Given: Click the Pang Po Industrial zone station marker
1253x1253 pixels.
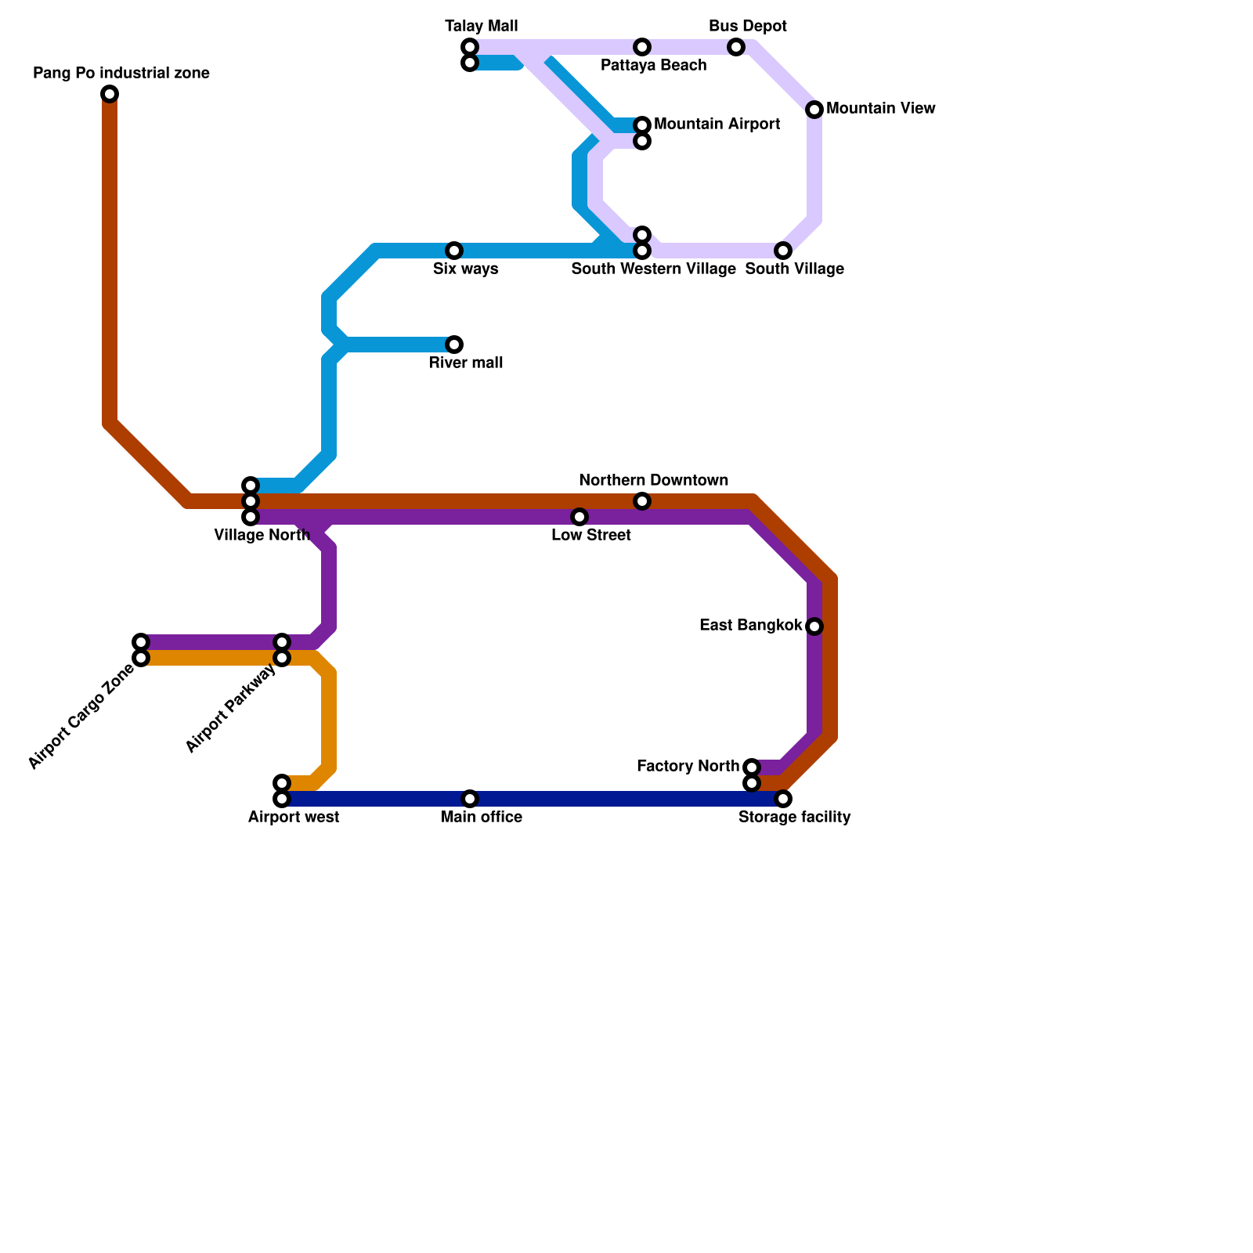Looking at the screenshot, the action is (110, 94).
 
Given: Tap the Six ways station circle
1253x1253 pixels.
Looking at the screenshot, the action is (454, 251).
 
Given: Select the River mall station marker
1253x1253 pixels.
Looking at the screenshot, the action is (454, 345).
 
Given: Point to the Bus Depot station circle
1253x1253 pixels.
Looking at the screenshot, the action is (736, 47).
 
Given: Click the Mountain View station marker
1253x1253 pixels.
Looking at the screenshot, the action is (814, 110).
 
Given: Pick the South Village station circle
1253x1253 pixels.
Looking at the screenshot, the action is (783, 251).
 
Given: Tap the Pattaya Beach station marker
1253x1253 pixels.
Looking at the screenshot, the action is (642, 47).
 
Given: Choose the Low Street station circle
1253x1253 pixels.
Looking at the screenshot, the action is (580, 517).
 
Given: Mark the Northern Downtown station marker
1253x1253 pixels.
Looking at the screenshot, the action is (642, 501).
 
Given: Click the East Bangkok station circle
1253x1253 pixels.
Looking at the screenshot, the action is (814, 626).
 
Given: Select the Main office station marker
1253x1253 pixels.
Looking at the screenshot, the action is (470, 799).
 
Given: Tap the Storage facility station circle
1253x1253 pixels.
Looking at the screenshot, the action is (783, 799).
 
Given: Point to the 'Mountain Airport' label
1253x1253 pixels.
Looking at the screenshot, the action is (717, 125).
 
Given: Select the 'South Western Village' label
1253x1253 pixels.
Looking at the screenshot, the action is (653, 269).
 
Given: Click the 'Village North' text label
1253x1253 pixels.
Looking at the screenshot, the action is (262, 536).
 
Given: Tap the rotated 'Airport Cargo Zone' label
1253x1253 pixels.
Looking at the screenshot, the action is (81, 717).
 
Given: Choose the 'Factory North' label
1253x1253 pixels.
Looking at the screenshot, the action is (688, 766).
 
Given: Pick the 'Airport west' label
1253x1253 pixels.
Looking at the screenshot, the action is (293, 818).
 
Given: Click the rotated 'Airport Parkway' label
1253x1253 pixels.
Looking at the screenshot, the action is (231, 709).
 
